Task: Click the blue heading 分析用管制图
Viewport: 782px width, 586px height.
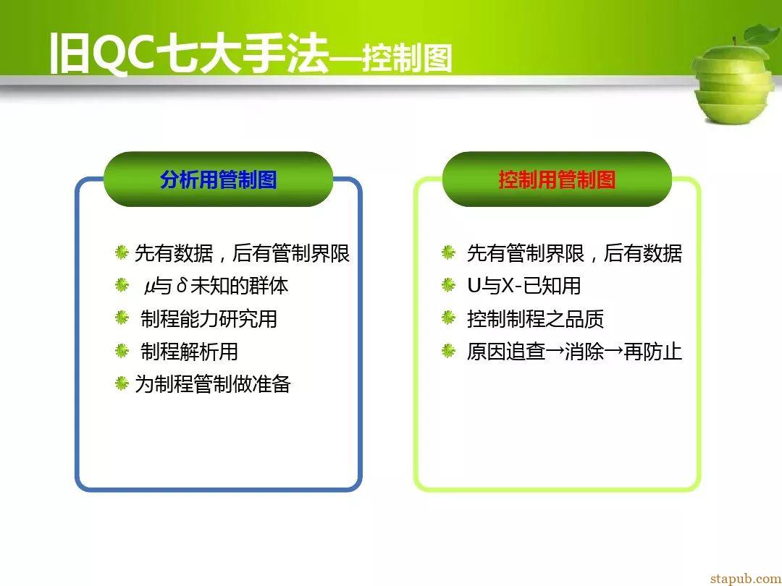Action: (219, 180)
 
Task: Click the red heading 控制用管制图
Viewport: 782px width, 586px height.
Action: (557, 180)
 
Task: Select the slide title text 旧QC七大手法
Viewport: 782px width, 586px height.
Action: (190, 54)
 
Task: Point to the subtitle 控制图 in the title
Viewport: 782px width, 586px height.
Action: (407, 59)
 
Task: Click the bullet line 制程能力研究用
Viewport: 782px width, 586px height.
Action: (209, 319)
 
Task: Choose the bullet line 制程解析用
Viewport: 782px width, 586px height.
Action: (189, 352)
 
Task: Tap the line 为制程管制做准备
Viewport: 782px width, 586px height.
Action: (213, 384)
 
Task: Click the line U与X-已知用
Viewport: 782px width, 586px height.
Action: (524, 286)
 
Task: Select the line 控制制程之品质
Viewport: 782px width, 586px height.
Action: (535, 319)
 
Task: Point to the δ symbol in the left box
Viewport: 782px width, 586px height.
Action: (182, 286)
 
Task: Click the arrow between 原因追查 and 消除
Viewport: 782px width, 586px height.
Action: (555, 352)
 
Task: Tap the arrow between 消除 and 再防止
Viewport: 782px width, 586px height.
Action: (613, 352)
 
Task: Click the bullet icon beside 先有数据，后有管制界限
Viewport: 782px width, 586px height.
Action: (122, 252)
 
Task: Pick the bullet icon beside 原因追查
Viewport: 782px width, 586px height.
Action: (448, 351)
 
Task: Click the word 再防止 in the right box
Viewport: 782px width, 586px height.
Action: (652, 352)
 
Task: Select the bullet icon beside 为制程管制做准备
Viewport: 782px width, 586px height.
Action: (122, 383)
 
